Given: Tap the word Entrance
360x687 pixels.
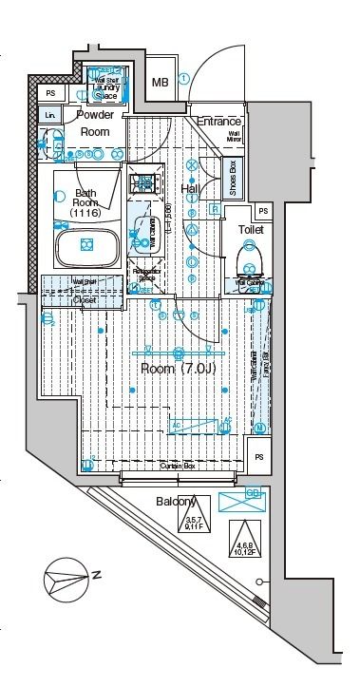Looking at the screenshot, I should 219,122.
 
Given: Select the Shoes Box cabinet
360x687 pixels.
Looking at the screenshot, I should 231,177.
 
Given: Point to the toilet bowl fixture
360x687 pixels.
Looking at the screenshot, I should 251,254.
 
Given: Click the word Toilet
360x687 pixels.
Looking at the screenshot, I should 251,229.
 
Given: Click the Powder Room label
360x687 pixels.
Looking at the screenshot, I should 95,124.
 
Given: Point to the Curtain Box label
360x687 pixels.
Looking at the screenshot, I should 177,467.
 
